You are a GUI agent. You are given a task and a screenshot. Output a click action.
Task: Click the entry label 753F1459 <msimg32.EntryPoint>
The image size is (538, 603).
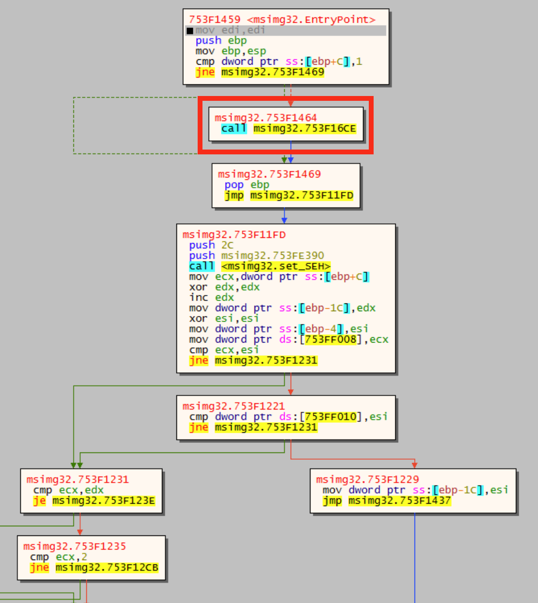[x=282, y=19]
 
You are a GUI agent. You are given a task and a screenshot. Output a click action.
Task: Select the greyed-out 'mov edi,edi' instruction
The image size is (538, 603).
[x=230, y=30]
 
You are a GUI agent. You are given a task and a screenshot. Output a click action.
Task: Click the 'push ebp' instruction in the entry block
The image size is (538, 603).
[x=221, y=41]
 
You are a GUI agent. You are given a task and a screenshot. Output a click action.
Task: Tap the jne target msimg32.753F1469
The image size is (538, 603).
[x=272, y=72]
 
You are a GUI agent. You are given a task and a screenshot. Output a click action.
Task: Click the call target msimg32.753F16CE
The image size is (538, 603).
[x=305, y=128]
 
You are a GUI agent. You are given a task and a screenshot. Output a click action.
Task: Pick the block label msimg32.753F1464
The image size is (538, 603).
[x=266, y=118]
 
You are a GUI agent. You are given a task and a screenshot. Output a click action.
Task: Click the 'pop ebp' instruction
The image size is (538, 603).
[x=246, y=185]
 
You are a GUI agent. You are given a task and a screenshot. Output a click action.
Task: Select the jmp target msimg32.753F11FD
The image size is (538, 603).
[x=301, y=195]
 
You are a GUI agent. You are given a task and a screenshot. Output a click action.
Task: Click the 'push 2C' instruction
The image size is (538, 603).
[x=211, y=245]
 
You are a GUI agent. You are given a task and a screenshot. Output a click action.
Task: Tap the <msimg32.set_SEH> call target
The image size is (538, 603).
[x=276, y=266]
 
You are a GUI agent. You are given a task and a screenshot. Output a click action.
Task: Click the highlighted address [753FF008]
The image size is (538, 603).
[x=331, y=340]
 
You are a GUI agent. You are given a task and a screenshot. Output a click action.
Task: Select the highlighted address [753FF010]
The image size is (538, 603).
[x=331, y=417]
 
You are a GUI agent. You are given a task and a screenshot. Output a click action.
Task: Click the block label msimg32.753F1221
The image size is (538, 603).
[x=234, y=406]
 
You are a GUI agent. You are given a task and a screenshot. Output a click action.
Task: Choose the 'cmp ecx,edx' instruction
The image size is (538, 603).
[x=68, y=490]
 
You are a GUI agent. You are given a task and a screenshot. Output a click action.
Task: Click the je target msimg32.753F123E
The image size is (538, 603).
[x=104, y=501]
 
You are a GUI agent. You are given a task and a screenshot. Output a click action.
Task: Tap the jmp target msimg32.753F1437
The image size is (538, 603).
[x=399, y=501]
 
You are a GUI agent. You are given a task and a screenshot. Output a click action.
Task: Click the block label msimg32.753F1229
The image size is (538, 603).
[x=367, y=480]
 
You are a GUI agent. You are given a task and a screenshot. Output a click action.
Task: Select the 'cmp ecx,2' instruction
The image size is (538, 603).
[x=58, y=557]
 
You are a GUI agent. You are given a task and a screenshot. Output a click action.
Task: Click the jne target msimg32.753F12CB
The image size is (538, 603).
[x=107, y=568]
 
